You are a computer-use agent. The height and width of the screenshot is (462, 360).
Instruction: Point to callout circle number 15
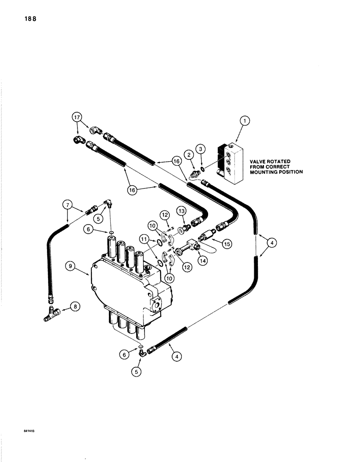(227, 242)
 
